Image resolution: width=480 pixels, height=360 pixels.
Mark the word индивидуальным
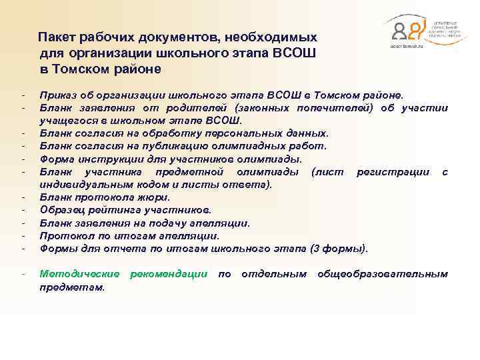pos(76,184)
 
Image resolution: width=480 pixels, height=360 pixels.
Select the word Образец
pos(61,210)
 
